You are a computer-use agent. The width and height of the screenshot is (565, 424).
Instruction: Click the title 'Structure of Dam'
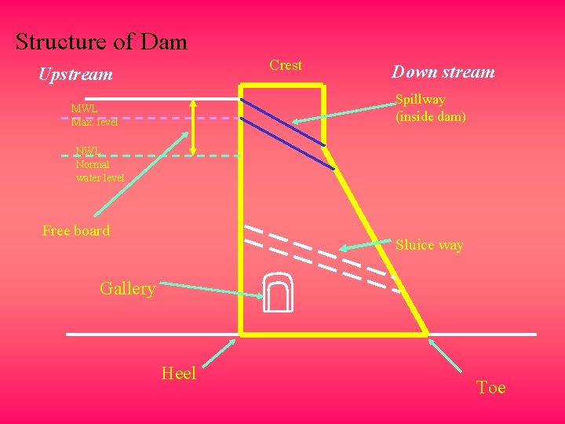pos(101,42)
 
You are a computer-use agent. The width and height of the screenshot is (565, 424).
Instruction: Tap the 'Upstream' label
pos(76,75)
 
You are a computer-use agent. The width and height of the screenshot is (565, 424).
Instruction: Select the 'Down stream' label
pos(443,72)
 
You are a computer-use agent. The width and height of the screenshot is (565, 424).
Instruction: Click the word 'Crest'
pos(286,65)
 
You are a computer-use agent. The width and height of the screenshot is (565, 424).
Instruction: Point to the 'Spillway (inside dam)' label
pos(431,108)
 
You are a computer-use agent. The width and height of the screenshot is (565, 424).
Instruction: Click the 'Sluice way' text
pos(429,245)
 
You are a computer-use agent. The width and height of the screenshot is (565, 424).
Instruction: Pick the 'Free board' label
pos(76,230)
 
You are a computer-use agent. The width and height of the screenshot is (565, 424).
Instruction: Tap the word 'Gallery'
pos(127,288)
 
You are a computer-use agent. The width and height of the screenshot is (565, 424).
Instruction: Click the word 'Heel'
pos(178,373)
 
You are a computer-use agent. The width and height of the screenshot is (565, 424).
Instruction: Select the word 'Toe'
pos(490,387)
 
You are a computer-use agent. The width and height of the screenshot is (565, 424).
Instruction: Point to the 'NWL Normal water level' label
pos(99,165)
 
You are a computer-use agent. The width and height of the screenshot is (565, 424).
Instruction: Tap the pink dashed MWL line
pos(149,118)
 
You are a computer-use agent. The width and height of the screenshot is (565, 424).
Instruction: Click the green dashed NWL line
pos(149,155)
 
